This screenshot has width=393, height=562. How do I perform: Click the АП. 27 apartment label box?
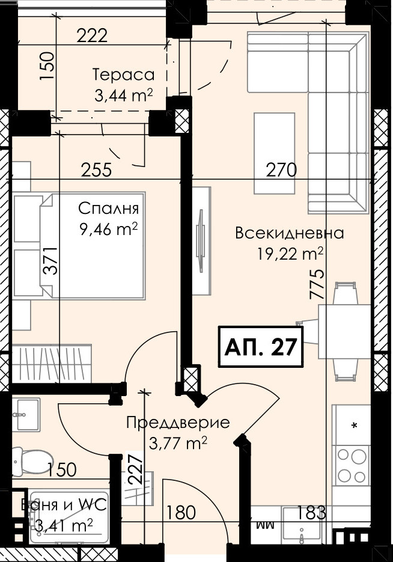pyautogui.click(x=261, y=347)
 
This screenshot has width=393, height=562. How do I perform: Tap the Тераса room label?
pyautogui.click(x=124, y=75)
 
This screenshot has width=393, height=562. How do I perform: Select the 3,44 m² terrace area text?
pyautogui.click(x=124, y=96)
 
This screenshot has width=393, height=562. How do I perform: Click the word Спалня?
pyautogui.click(x=108, y=209)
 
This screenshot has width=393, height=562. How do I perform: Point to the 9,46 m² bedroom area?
pyautogui.click(x=108, y=230)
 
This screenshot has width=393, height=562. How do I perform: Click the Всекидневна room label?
pyautogui.click(x=290, y=233)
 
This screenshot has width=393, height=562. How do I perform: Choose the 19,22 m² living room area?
pyautogui.click(x=290, y=254)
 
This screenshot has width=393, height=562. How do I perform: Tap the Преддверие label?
pyautogui.click(x=178, y=423)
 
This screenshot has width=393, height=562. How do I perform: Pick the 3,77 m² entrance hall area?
pyautogui.click(x=178, y=444)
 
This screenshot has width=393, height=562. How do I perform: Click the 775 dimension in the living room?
pyautogui.click(x=317, y=284)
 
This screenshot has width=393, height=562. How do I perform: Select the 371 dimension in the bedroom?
pyautogui.click(x=50, y=261)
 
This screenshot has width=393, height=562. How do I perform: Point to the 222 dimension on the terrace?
pyautogui.click(x=93, y=36)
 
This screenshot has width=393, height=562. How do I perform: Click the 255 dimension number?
pyautogui.click(x=96, y=170)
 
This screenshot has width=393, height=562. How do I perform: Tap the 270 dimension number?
pyautogui.click(x=281, y=170)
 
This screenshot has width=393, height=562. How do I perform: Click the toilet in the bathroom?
pyautogui.click(x=32, y=459)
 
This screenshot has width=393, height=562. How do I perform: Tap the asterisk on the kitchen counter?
pyautogui.click(x=355, y=426)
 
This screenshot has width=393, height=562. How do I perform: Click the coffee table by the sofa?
pyautogui.click(x=275, y=153)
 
